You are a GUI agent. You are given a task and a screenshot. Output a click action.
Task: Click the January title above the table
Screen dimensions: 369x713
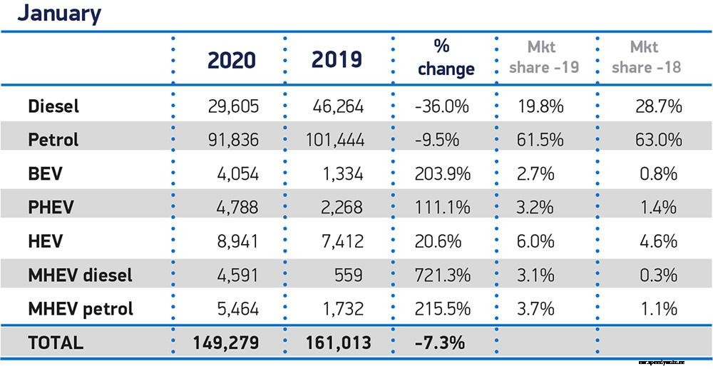pos(59,14)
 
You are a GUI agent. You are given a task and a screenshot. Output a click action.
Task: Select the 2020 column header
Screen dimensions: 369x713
pos(231,60)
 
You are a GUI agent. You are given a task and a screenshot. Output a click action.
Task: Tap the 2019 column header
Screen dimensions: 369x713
pos(337,60)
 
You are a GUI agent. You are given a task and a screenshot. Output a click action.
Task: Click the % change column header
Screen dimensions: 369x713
pos(446,58)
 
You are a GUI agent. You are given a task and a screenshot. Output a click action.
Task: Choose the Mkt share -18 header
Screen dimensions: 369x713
pos(646,58)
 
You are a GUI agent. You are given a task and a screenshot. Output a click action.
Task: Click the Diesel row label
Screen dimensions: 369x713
pos(53,107)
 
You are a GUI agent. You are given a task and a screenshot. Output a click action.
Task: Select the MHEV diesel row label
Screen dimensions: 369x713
pos(80,275)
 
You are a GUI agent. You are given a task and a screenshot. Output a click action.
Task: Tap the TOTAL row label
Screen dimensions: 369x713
pos(56,343)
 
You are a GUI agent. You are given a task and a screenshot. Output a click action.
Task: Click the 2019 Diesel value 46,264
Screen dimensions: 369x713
pos(338,107)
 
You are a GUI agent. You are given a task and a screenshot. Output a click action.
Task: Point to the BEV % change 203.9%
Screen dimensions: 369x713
pos(442,174)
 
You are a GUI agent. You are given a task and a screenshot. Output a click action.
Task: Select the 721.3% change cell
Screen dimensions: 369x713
pos(442,275)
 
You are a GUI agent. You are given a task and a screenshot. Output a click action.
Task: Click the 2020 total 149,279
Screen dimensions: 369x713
pos(225,343)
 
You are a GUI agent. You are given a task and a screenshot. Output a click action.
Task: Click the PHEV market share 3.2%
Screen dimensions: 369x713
pos(536,208)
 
